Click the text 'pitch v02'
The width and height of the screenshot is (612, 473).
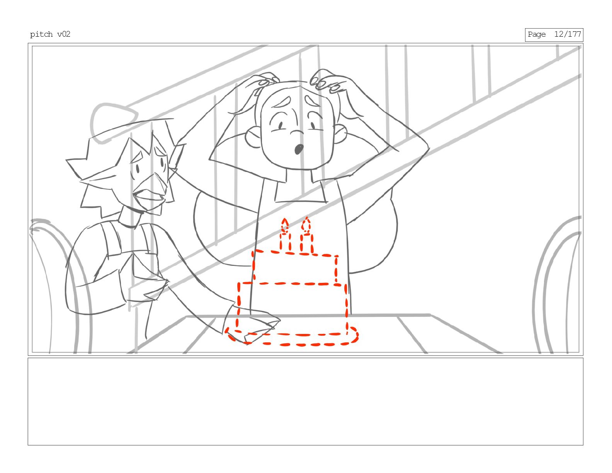click(x=50, y=34)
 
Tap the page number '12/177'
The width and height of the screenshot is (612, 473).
click(x=568, y=34)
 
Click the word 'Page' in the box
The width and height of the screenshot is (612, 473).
click(x=537, y=35)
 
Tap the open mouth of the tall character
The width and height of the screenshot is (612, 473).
click(x=299, y=149)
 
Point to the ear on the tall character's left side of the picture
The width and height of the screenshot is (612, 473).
click(x=253, y=137)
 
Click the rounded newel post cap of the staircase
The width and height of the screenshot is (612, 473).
click(x=113, y=121)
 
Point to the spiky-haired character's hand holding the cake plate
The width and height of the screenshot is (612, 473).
click(x=253, y=324)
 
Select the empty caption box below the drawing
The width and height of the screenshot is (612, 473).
click(x=305, y=402)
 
